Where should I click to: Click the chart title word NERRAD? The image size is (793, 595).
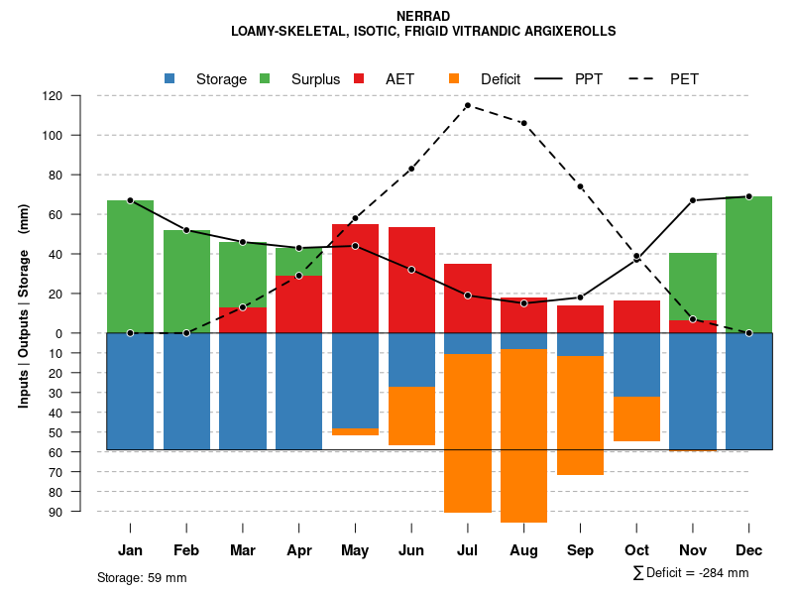pos(423,16)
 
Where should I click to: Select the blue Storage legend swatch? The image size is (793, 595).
pos(170,78)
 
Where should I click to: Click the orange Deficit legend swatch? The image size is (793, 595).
pos(455,78)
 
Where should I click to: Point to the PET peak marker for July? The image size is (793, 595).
pos(467,105)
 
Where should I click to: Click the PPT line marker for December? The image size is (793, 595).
pos(748,196)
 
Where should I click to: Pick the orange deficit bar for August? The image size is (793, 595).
pos(523,435)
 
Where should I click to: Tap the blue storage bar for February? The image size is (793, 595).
pos(186,391)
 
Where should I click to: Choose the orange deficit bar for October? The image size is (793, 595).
pos(636,418)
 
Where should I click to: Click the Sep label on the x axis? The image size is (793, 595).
pos(580,550)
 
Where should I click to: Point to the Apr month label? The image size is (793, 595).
pos(299,550)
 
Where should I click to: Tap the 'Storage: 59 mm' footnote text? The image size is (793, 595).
pos(142,577)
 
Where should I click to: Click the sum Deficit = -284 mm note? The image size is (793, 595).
pos(690,573)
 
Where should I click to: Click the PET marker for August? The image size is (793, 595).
pos(523,123)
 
